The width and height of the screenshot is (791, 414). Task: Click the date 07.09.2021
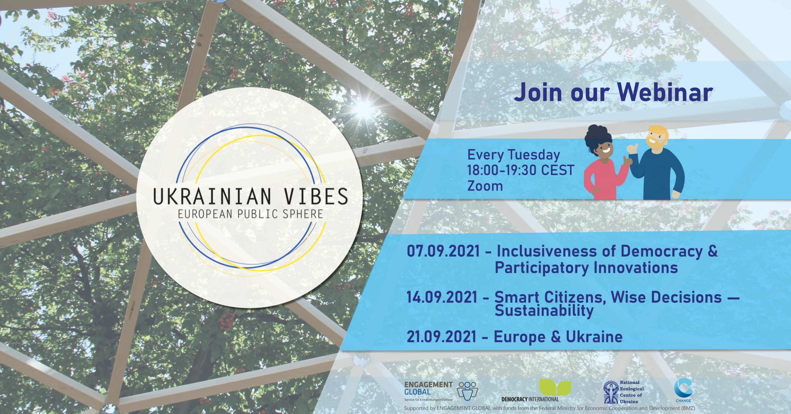click(443, 251)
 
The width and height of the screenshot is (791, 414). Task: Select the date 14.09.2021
click(442, 297)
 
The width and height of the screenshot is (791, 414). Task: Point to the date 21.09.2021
click(442, 337)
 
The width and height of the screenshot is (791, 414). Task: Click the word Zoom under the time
click(485, 186)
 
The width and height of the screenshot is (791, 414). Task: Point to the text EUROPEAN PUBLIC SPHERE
click(250, 214)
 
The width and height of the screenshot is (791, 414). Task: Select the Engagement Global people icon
click(468, 391)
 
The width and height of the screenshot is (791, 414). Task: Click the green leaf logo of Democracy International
click(555, 387)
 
